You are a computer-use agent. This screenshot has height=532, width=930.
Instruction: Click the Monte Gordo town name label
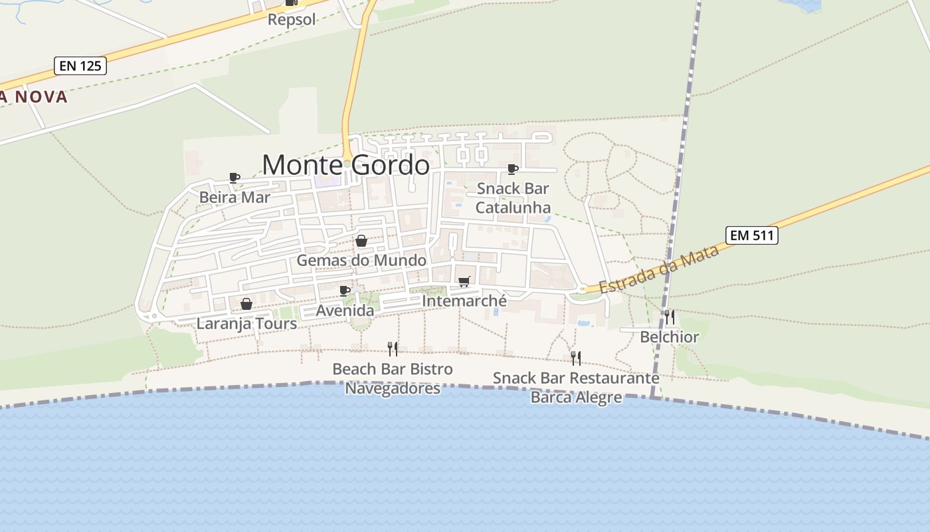(x=345, y=165)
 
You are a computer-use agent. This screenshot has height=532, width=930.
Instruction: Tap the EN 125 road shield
(x=80, y=66)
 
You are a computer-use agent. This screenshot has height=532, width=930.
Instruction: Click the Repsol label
(x=292, y=19)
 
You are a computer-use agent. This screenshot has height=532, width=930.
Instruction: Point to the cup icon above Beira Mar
(x=234, y=178)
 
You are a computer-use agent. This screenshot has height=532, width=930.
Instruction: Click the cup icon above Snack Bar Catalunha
(x=512, y=169)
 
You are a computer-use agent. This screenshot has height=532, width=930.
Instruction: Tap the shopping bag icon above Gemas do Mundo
(x=361, y=241)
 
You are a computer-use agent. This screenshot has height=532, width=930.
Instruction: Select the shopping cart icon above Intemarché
(x=464, y=282)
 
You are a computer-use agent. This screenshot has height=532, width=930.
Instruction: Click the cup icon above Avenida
(x=344, y=291)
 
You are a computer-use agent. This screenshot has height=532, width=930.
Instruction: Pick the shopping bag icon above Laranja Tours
(x=246, y=304)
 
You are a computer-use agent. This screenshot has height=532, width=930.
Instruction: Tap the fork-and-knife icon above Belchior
(x=670, y=317)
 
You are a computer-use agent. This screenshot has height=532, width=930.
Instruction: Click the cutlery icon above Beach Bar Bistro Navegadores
(x=393, y=349)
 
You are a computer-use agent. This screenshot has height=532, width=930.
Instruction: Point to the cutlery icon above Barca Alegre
(x=576, y=358)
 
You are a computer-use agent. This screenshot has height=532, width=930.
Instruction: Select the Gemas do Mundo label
(x=361, y=260)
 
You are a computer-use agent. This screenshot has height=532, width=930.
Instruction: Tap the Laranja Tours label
(x=246, y=324)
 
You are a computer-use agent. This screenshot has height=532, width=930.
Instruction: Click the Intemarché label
(x=464, y=301)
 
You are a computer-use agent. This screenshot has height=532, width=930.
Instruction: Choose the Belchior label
(x=670, y=337)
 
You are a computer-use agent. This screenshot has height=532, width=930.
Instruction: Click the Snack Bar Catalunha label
(x=513, y=198)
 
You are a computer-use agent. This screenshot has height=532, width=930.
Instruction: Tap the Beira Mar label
(x=234, y=198)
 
